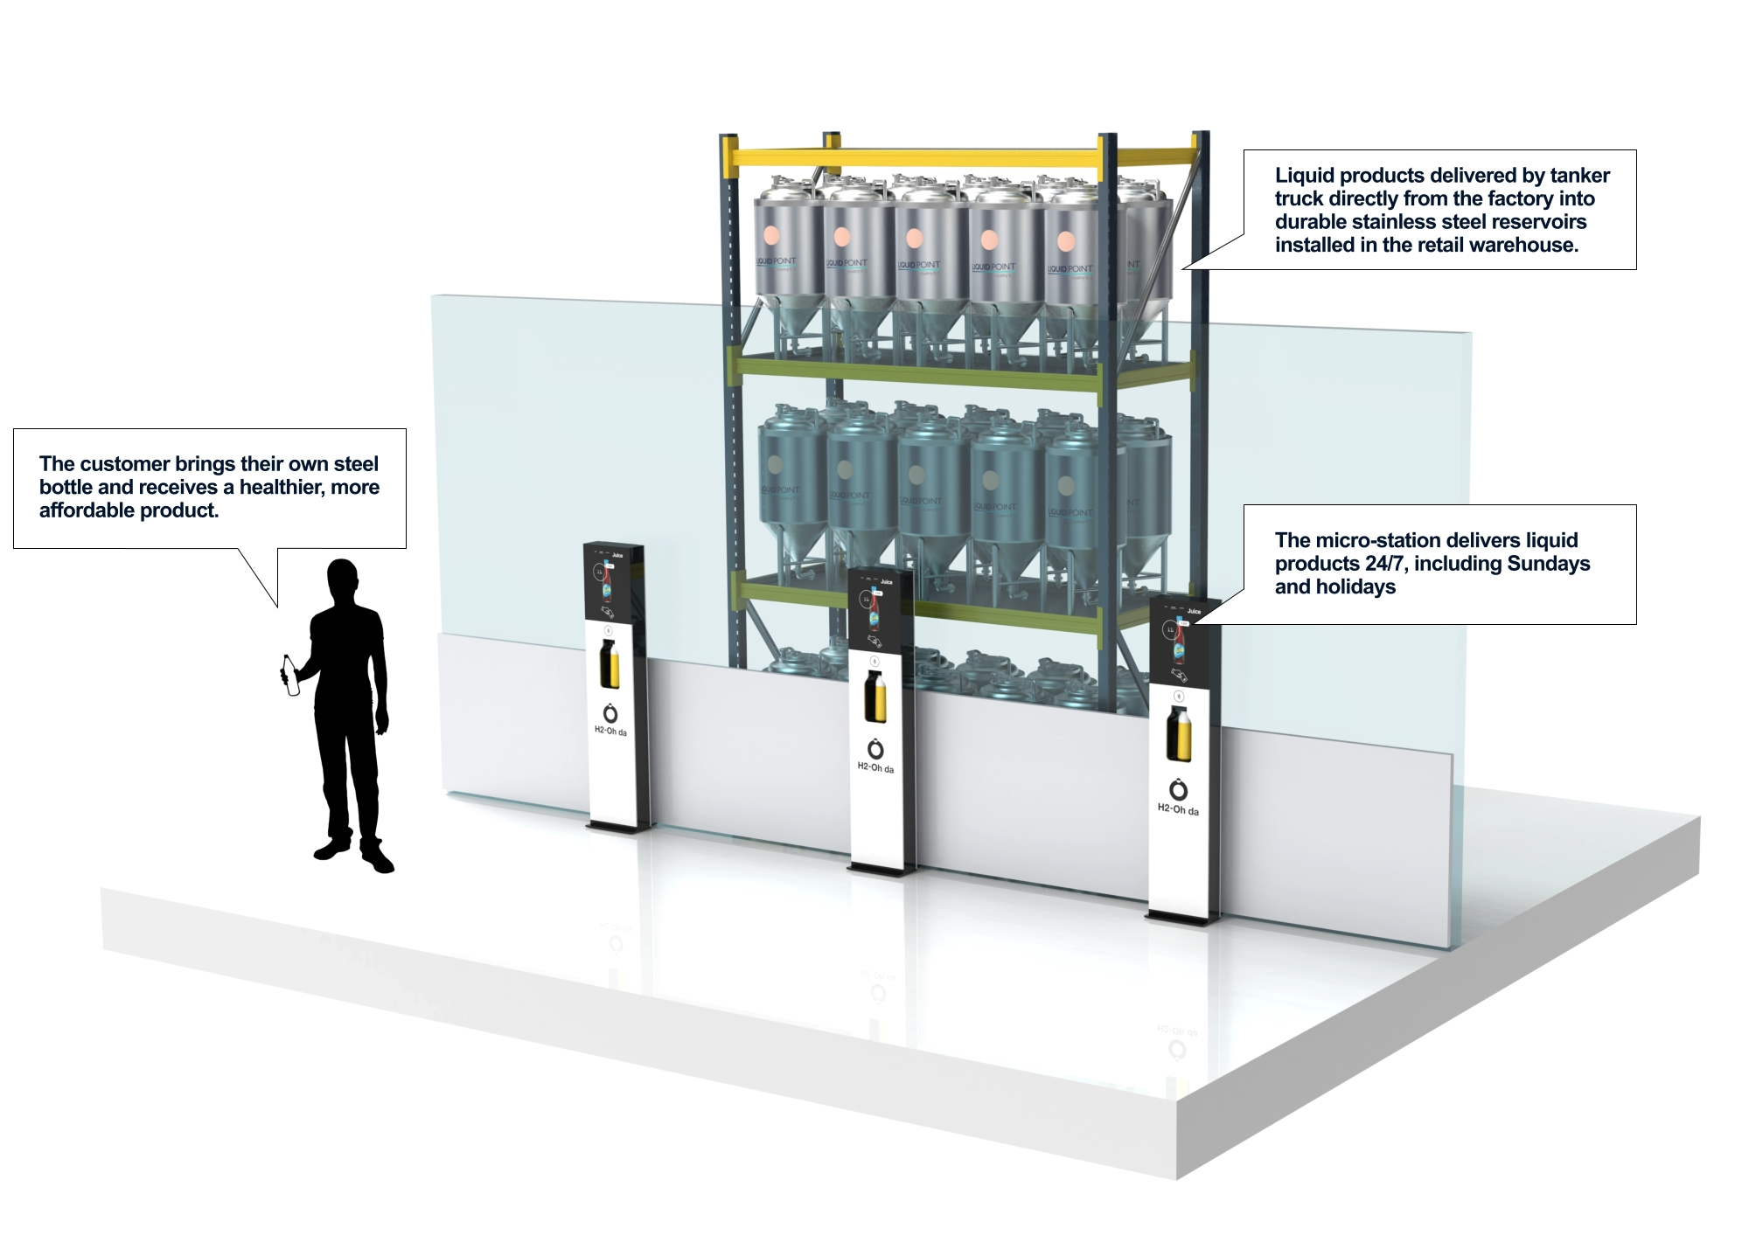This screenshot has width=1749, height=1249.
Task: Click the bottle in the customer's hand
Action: tap(290, 677)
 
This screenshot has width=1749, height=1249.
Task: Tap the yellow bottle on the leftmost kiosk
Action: tap(609, 664)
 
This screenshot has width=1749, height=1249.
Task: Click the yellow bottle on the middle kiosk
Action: tap(874, 697)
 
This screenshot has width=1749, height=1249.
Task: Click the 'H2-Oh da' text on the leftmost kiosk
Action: tap(610, 731)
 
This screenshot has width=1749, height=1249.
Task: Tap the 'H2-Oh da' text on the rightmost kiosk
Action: tap(1178, 809)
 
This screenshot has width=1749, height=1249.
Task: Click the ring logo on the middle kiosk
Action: tap(875, 749)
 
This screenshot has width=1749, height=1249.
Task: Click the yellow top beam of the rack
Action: tap(962, 158)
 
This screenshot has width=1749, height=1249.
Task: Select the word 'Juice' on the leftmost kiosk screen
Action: tap(617, 555)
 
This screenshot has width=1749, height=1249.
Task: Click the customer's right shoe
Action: tap(378, 860)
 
